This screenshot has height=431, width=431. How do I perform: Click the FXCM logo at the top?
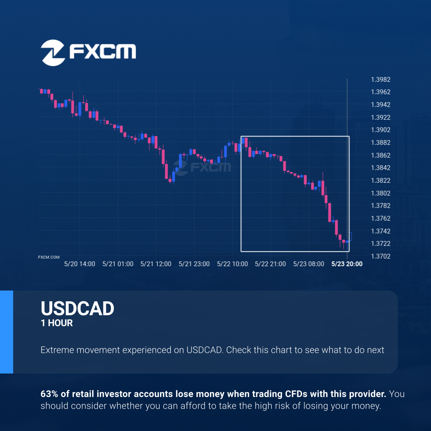pyautogui.click(x=88, y=53)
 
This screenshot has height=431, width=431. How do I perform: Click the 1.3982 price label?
pyautogui.click(x=380, y=80)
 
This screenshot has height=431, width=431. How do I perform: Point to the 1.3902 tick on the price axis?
pyautogui.click(x=380, y=130)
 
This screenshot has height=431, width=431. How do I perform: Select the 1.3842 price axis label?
pyautogui.click(x=380, y=168)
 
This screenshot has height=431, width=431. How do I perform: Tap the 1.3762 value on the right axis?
pyautogui.click(x=380, y=218)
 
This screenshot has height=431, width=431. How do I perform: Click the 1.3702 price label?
pyautogui.click(x=380, y=256)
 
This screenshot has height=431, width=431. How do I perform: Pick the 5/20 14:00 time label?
pyautogui.click(x=79, y=264)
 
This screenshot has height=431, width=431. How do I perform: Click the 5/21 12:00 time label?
pyautogui.click(x=156, y=264)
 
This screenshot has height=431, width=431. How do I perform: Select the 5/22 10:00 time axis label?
pyautogui.click(x=232, y=264)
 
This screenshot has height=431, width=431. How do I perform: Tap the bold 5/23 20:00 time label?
pyautogui.click(x=347, y=264)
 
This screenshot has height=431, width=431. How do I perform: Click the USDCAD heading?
pyautogui.click(x=77, y=308)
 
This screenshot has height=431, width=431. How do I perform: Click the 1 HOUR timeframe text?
pyautogui.click(x=57, y=323)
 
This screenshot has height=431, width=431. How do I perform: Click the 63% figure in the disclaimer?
pyautogui.click(x=49, y=394)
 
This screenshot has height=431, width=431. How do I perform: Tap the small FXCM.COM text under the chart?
pyautogui.click(x=49, y=257)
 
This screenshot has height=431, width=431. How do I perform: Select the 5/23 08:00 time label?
pyautogui.click(x=308, y=264)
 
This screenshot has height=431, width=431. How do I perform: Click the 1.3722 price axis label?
pyautogui.click(x=380, y=243)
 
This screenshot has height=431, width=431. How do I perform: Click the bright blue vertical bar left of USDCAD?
pyautogui.click(x=7, y=332)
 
